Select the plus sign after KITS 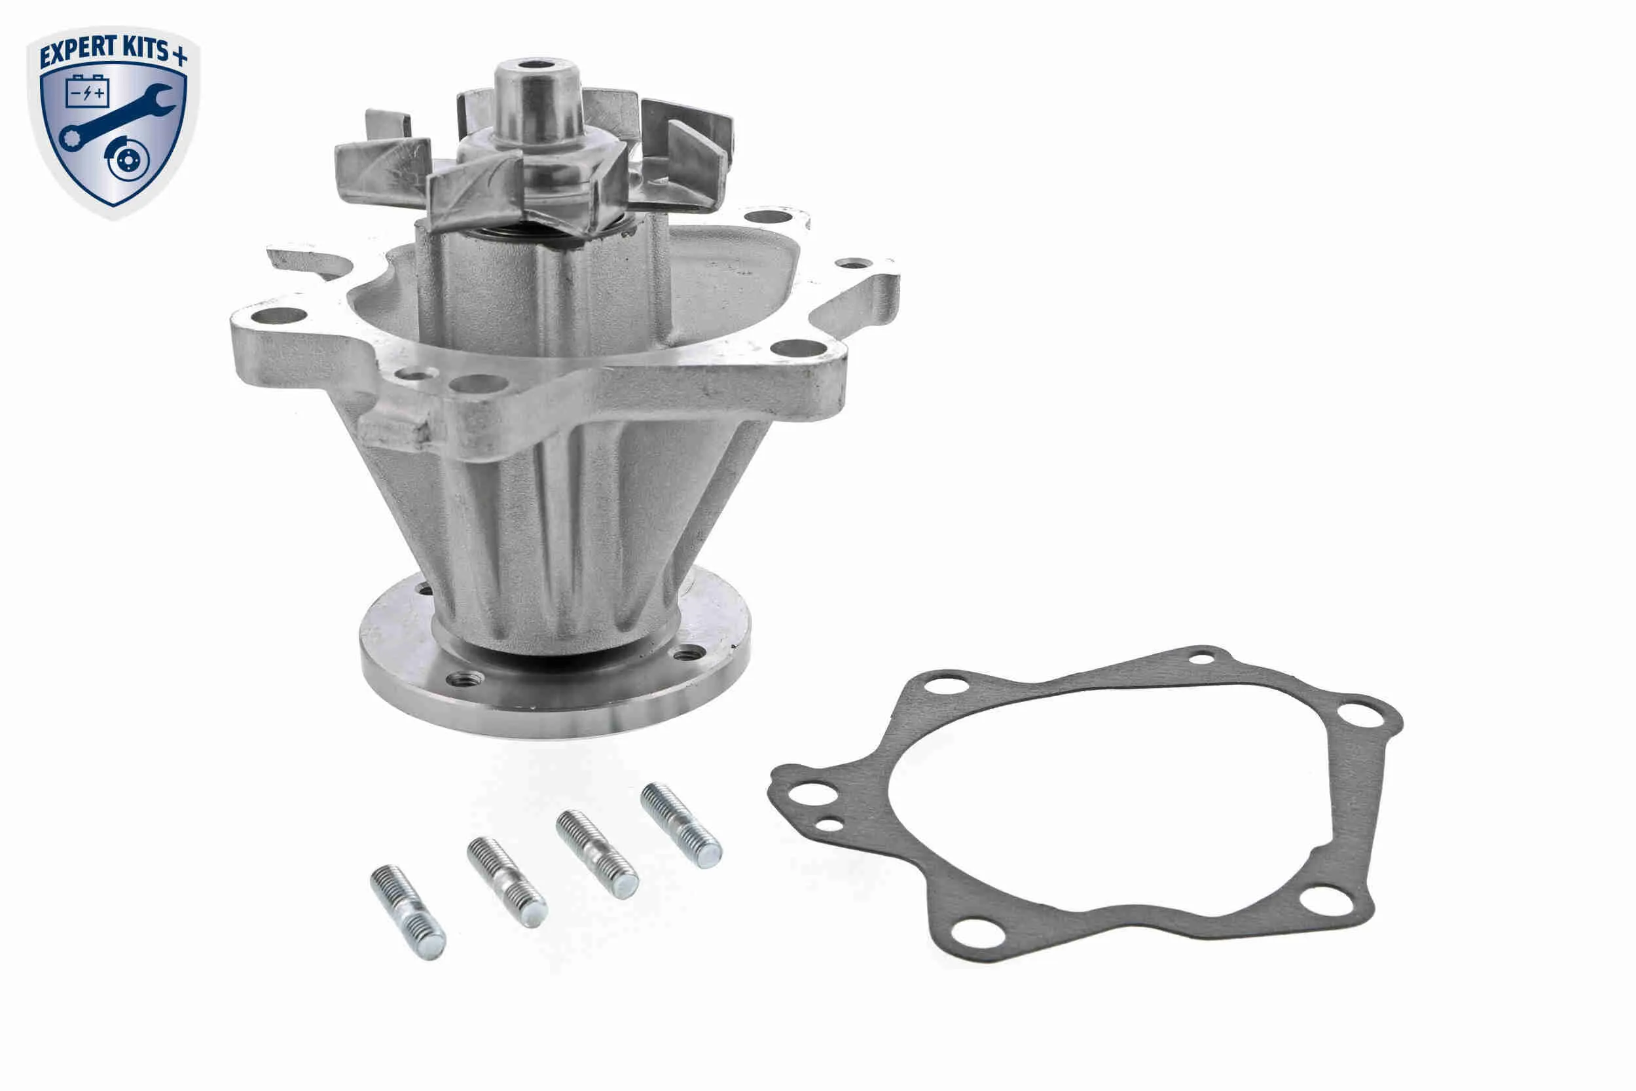(179, 54)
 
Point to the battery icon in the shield (87, 91)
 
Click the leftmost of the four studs (408, 912)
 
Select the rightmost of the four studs (681, 826)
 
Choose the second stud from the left (507, 882)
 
